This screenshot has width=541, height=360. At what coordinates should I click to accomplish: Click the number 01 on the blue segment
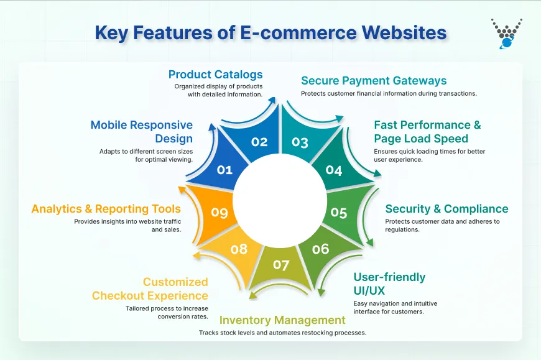[x=224, y=169]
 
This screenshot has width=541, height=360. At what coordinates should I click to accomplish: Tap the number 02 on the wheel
[x=259, y=142]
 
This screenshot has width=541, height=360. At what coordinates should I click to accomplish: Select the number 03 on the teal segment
[x=300, y=142]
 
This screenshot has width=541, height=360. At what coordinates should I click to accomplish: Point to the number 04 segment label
[x=334, y=170]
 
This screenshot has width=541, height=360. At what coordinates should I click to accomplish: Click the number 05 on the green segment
[x=339, y=213]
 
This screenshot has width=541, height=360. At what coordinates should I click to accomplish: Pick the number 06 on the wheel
[x=320, y=249]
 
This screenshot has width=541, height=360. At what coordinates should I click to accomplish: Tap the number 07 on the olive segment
[x=281, y=265]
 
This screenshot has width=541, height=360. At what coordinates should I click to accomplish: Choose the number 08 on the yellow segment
[x=239, y=249]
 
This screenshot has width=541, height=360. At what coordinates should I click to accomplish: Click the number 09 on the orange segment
[x=220, y=213]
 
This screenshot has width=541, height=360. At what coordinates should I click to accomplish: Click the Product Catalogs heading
[x=215, y=75]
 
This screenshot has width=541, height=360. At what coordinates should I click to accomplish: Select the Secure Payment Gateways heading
[x=374, y=80]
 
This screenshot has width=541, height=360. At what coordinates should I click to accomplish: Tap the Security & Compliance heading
[x=446, y=209]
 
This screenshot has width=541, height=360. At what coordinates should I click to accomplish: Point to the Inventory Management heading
[x=282, y=320]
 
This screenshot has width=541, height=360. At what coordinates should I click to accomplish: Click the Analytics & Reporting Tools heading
[x=106, y=209]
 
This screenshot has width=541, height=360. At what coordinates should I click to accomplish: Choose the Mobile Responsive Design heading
[x=142, y=132]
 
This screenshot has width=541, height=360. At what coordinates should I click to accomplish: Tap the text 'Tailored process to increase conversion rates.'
[x=167, y=313]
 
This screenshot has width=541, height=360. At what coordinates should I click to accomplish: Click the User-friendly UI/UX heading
[x=389, y=284]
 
